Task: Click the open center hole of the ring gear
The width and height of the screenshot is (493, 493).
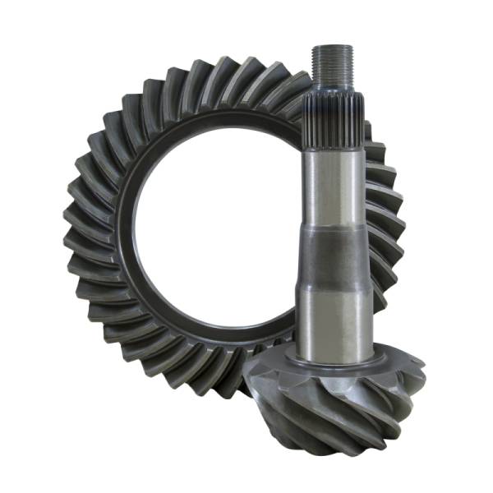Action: coord(210,238)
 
